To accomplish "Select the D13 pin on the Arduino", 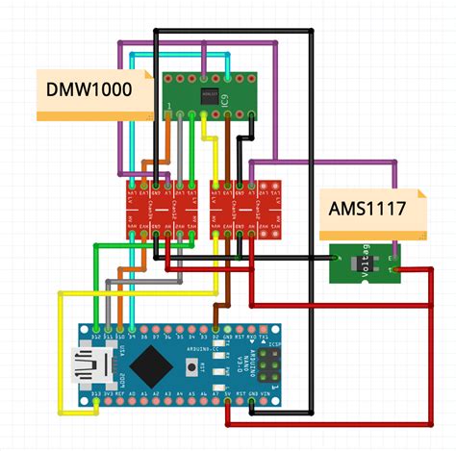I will point(96,393).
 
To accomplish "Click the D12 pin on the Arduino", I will point(96,338).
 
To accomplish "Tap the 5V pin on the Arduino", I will point(228,393).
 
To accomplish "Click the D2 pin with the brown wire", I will point(216,338).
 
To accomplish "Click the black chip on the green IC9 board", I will point(210,94).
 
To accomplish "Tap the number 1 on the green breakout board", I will point(170,105).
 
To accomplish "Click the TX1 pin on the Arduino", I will point(265,338).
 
